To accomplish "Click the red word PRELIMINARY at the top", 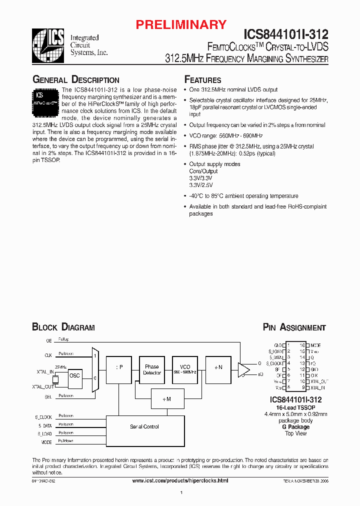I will [x=182, y=24].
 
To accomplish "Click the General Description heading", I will [x=75, y=80].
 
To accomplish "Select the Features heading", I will [x=202, y=80].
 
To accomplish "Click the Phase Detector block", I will [x=152, y=369].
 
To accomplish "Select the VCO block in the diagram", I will [x=185, y=369].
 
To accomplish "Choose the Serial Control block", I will [x=144, y=426].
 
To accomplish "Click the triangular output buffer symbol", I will [x=244, y=369].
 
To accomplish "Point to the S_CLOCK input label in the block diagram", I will [x=43, y=416].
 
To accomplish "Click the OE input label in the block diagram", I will [x=48, y=340].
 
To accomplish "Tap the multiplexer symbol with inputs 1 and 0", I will [x=95, y=369].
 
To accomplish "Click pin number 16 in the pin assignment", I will [x=302, y=345].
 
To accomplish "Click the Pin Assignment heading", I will [x=294, y=327].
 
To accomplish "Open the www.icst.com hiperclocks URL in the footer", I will [x=180, y=480].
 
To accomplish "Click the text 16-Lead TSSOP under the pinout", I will [x=294, y=407].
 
